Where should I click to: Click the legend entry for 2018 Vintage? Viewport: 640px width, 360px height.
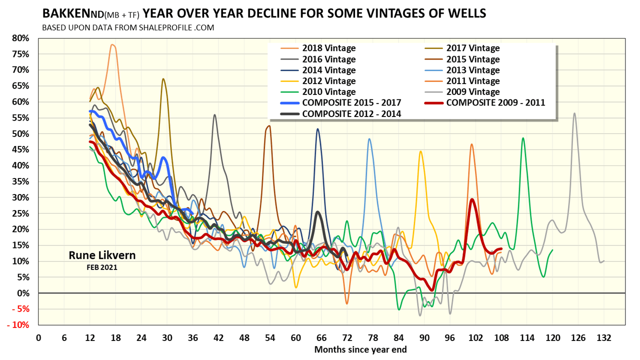tap(328, 48)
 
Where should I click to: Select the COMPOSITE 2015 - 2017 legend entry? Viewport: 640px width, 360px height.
tap(350, 102)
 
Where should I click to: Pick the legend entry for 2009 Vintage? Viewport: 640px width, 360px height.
tap(472, 91)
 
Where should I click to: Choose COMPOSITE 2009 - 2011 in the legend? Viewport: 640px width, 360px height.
tap(495, 102)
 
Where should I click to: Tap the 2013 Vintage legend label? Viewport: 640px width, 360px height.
tap(472, 70)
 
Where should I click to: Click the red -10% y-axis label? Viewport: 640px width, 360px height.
tap(18, 325)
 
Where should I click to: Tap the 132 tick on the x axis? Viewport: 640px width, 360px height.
tap(603, 337)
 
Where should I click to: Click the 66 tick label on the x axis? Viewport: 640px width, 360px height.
tap(321, 337)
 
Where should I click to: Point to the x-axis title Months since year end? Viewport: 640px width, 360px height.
tap(360, 349)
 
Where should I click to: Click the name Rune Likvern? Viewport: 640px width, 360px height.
tap(102, 256)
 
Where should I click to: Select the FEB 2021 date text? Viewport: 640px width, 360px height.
tap(102, 267)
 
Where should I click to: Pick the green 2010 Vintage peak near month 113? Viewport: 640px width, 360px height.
tap(523, 138)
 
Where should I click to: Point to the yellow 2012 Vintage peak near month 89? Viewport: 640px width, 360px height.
tap(420, 151)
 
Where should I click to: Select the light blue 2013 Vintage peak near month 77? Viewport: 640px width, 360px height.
tap(369, 139)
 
